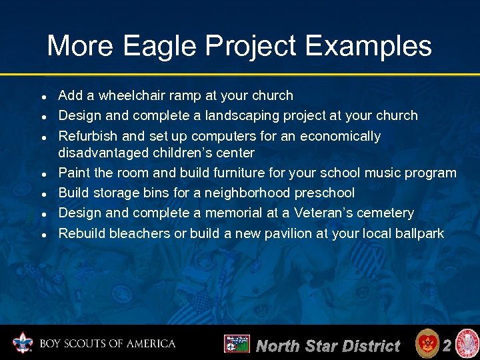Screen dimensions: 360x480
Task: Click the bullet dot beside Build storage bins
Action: tap(42, 194)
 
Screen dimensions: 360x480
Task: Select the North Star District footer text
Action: tap(328, 345)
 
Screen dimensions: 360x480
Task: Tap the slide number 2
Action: tap(447, 345)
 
